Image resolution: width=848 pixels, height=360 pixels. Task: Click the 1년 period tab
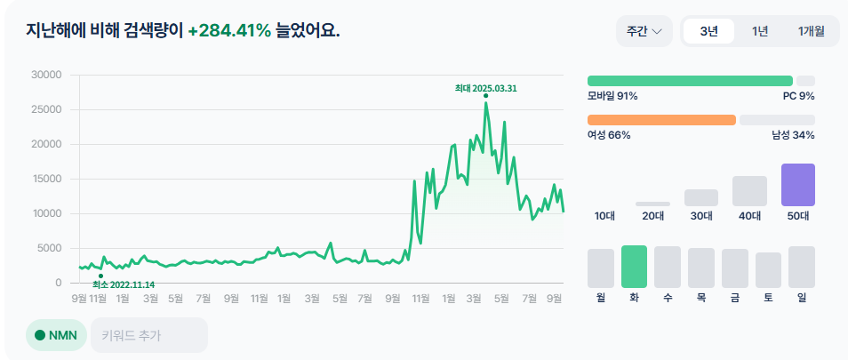(760, 31)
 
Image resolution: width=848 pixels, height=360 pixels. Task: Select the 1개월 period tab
(811, 31)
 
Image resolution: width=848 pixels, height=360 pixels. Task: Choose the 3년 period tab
(708, 31)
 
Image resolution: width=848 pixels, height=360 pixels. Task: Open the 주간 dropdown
(644, 31)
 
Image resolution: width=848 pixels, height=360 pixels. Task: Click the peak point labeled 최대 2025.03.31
(485, 96)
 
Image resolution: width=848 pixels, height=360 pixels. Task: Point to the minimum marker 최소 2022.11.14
(100, 276)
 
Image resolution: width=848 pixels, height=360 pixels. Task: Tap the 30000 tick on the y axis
(45, 75)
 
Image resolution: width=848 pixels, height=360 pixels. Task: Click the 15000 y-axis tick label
(45, 179)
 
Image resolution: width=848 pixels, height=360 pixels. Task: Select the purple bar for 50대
(797, 185)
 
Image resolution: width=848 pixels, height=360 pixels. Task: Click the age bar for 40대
(749, 191)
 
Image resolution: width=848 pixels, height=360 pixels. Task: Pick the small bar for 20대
(652, 204)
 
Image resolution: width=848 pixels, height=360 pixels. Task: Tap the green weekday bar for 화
(634, 267)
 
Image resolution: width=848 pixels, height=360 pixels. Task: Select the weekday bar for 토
(768, 270)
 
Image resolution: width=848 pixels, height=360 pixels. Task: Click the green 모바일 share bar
(689, 81)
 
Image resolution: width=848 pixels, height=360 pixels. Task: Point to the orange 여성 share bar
(661, 120)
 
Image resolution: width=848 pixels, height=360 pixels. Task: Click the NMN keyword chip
(56, 336)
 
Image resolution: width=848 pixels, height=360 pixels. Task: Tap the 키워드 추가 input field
(148, 336)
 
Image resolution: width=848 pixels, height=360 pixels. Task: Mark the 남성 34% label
(793, 135)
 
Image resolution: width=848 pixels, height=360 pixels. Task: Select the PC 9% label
(798, 96)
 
